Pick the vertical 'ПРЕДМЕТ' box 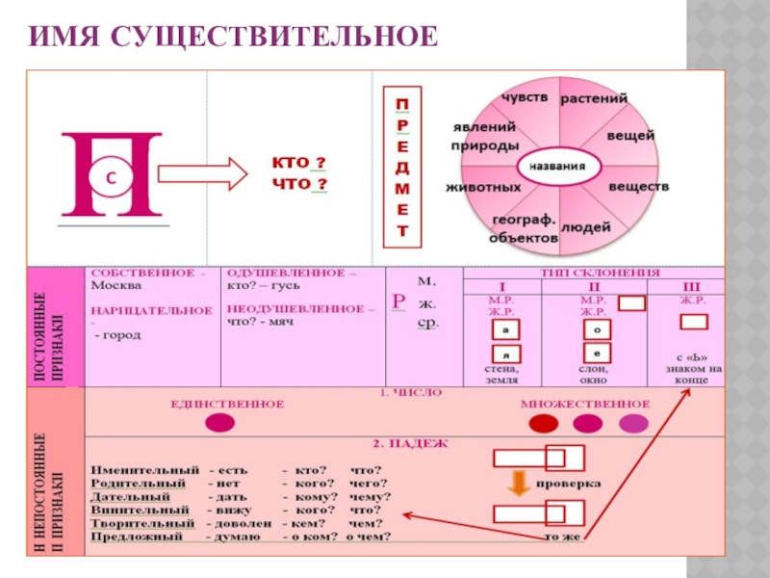402,166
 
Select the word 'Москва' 115,286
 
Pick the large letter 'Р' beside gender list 398,302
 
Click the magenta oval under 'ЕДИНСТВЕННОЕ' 220,421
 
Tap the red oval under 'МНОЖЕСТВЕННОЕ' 545,423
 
